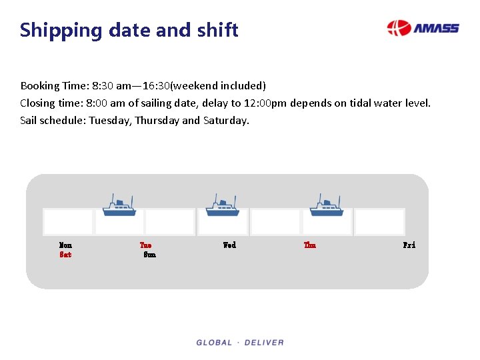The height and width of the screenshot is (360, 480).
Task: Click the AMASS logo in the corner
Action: click(x=423, y=28)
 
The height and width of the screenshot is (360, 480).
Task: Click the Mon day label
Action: click(x=65, y=245)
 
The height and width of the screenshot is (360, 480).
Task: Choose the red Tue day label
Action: click(x=145, y=245)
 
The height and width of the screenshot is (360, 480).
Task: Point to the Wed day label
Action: click(x=229, y=245)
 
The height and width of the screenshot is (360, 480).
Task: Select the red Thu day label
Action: click(x=310, y=245)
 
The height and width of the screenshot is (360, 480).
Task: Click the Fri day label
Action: click(x=409, y=245)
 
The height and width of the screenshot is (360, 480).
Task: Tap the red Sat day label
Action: click(x=65, y=255)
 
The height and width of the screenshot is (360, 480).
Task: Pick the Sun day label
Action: click(x=149, y=255)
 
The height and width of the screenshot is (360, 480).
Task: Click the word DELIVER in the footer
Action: click(x=264, y=343)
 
